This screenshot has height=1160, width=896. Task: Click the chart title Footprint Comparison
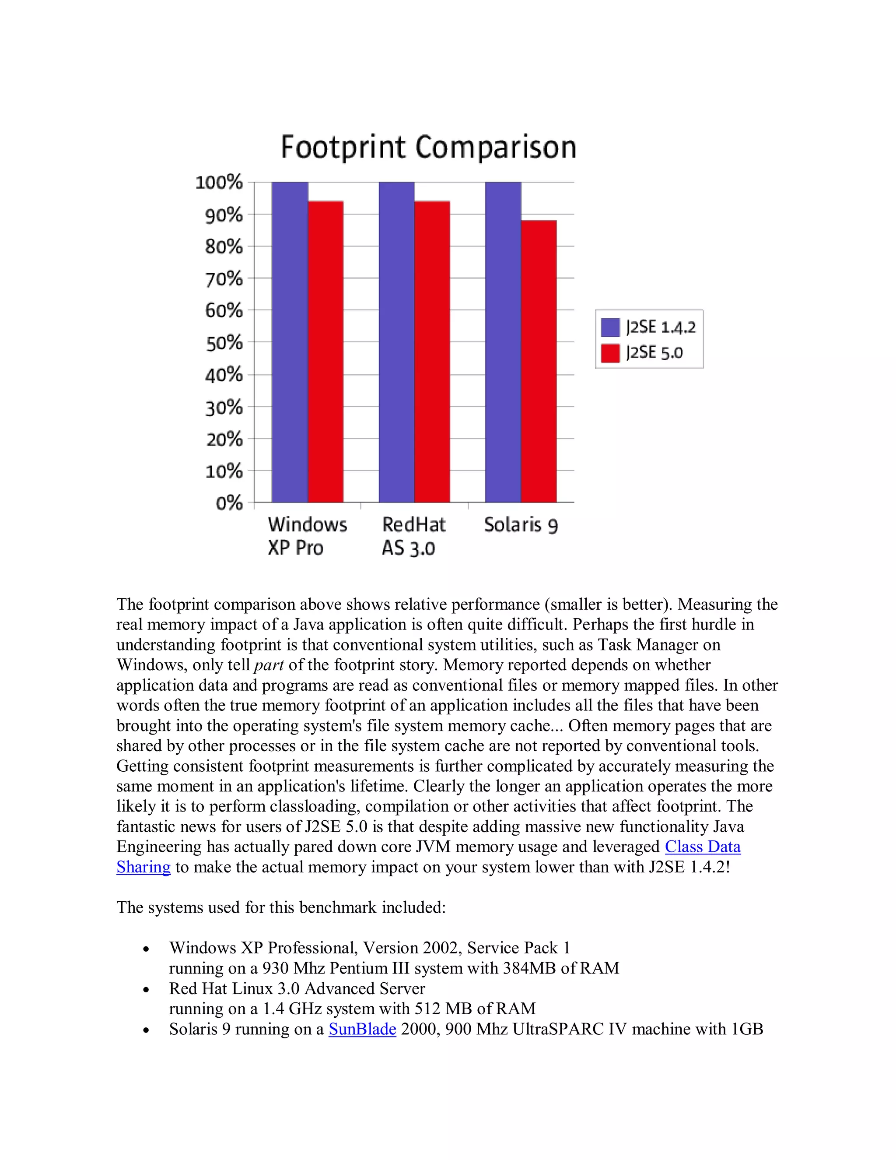tap(428, 147)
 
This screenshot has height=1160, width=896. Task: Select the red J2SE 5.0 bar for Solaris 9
tap(538, 361)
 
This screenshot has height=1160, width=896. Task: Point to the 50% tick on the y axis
tap(224, 343)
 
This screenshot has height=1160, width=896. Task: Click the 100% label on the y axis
tap(219, 183)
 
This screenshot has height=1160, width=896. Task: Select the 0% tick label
tap(229, 503)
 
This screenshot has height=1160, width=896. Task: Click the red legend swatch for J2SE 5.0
tap(610, 353)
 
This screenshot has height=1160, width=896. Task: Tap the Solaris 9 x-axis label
tap(521, 525)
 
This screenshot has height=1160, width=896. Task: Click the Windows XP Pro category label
tap(307, 536)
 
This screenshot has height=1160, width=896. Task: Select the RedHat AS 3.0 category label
tap(413, 536)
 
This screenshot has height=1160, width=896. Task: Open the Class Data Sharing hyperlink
tap(702, 847)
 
